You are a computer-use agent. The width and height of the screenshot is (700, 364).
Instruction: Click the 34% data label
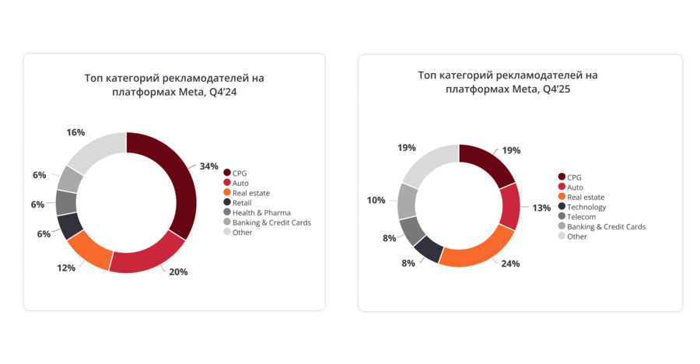pos(208,166)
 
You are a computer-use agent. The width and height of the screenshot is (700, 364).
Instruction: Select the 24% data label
pos(509,264)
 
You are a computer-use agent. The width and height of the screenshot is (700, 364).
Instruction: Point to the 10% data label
pos(376,200)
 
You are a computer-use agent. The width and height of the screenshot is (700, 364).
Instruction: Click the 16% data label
pos(75,132)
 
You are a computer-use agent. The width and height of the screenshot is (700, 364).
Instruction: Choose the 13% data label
pos(541,208)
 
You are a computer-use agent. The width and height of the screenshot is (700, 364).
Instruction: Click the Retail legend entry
pos(242,202)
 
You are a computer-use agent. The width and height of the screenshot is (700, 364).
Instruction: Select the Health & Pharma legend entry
pos(261,212)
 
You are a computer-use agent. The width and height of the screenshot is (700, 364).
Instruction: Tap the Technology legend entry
pos(586,207)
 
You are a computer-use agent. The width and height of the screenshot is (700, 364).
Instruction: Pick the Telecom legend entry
pos(581,217)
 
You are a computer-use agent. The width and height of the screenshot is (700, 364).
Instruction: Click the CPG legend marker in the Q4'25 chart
pos(562,177)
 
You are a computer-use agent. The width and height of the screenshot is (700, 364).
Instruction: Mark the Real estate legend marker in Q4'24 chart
pos(227,193)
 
